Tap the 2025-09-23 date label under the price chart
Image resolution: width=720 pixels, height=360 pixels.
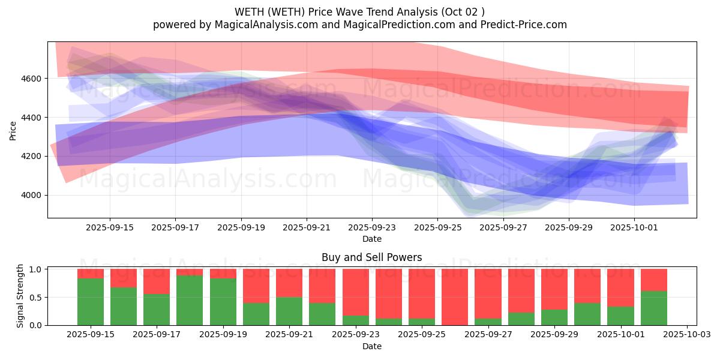372,227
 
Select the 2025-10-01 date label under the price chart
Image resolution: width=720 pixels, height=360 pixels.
635,227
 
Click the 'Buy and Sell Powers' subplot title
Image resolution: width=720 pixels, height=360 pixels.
371,257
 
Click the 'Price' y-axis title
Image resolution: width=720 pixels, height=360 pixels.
13,130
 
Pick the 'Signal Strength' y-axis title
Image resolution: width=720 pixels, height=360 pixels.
20,296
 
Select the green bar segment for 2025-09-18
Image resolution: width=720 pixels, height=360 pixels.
190,300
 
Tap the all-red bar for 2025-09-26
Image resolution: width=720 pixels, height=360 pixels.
455,297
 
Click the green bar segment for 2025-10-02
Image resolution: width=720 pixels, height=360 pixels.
654,308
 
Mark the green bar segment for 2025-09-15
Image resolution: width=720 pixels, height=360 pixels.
90,301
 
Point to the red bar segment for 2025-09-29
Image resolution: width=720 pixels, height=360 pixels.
554,289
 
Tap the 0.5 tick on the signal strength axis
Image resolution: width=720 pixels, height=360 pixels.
36,297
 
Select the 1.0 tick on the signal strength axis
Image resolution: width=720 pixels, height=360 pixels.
36,269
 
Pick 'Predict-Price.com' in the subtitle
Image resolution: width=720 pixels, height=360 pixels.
526,25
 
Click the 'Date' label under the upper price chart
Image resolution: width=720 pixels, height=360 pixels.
372,239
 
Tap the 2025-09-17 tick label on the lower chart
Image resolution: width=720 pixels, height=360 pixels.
156,334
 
